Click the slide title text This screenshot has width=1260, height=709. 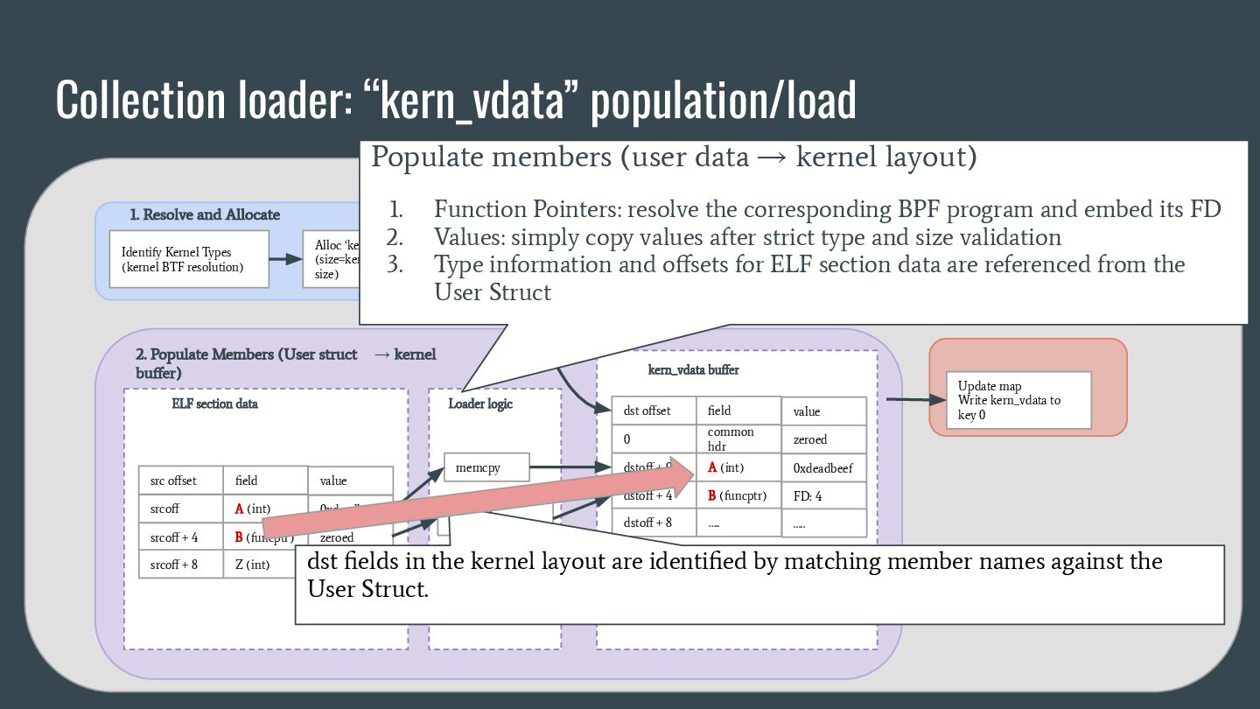[x=455, y=100]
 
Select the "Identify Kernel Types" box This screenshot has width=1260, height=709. [x=189, y=259]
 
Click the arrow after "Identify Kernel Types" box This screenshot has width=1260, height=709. [x=285, y=259]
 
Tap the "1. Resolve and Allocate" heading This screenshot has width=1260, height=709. [x=205, y=214]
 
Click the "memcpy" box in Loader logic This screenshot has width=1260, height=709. [x=486, y=467]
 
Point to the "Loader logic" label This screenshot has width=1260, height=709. [x=480, y=404]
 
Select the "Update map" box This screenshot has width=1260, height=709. [x=1018, y=400]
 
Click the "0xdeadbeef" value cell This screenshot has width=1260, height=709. [x=822, y=468]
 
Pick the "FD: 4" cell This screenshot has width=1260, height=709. [x=822, y=496]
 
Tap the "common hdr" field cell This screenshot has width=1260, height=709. [x=738, y=439]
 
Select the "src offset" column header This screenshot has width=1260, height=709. [x=180, y=481]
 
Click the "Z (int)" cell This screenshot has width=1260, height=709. [x=253, y=565]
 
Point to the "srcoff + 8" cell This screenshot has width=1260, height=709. [x=180, y=565]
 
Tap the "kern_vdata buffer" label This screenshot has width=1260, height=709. [x=693, y=369]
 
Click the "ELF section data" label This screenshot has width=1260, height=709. [x=214, y=404]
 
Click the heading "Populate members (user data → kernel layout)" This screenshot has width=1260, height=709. [x=674, y=158]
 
